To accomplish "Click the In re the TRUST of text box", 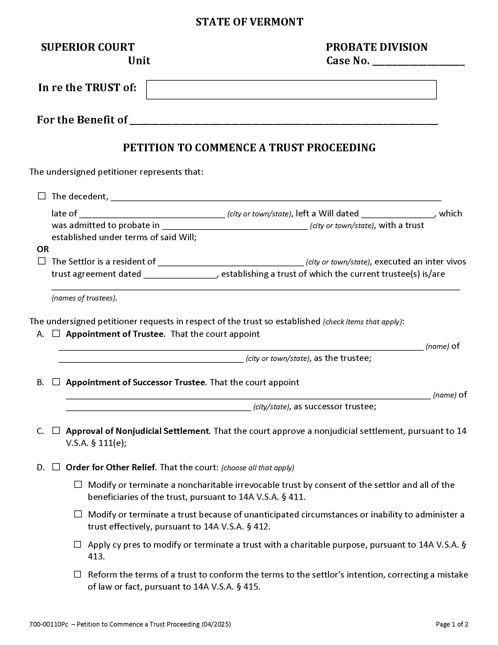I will point(291,89).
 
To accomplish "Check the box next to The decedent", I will point(42,196).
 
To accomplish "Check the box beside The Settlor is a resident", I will point(42,261).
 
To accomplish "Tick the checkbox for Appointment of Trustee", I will point(56,334).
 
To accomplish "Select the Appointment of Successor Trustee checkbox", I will point(56,382).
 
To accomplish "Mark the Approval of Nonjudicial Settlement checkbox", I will point(56,431).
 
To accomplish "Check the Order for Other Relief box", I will point(56,467).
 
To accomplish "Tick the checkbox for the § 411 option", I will point(78,485).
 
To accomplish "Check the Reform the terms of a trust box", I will point(78,574).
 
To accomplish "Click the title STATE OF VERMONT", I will point(249,22).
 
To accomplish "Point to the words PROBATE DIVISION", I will point(376,47).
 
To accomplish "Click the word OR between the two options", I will point(43,249).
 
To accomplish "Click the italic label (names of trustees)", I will point(84,298).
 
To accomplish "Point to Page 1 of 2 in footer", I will point(452,624).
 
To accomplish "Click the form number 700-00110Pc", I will point(49,624).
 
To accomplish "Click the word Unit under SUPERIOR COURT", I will point(139,61).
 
